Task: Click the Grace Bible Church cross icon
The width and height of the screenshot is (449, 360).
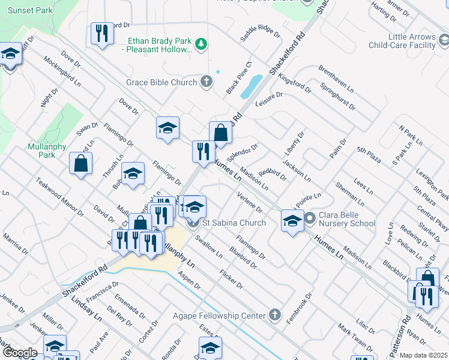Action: pos(206,82)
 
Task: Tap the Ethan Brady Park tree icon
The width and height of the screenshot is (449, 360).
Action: pos(202,43)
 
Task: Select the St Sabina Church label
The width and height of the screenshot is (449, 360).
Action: pos(234,223)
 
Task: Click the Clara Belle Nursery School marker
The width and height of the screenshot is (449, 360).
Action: pos(310,218)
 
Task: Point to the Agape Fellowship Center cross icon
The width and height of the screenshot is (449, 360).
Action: pos(274,314)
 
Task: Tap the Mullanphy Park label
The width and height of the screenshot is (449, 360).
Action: pos(41,151)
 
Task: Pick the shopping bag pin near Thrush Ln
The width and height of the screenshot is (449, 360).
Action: pos(80,164)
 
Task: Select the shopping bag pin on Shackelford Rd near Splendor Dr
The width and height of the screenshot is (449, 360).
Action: pos(220,133)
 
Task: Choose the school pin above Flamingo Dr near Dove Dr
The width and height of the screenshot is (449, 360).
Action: pos(167,128)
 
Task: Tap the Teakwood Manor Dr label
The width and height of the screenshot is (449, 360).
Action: pos(59,196)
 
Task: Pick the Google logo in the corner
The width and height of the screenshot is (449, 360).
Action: pos(20,353)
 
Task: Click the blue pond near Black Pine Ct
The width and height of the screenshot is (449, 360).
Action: pos(252,86)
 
